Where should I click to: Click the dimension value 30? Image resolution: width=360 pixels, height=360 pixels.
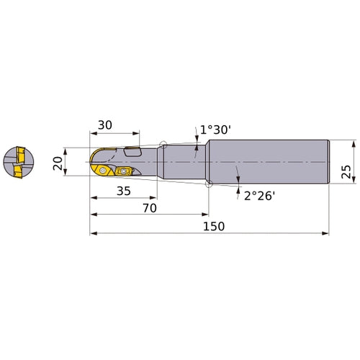[105, 125]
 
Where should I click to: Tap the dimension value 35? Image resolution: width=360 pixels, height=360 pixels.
[124, 191]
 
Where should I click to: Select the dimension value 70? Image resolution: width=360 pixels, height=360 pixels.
[150, 208]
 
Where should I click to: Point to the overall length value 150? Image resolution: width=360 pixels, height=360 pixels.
[214, 226]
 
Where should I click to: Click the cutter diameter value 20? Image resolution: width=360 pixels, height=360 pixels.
[58, 163]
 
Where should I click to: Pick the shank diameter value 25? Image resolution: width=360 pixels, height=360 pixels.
[346, 171]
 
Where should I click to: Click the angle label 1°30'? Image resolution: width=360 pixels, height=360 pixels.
[215, 130]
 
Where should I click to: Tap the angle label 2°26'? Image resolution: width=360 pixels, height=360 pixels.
[259, 196]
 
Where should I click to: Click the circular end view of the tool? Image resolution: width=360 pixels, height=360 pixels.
[19, 163]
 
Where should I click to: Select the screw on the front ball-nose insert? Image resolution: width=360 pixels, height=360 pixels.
[103, 171]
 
